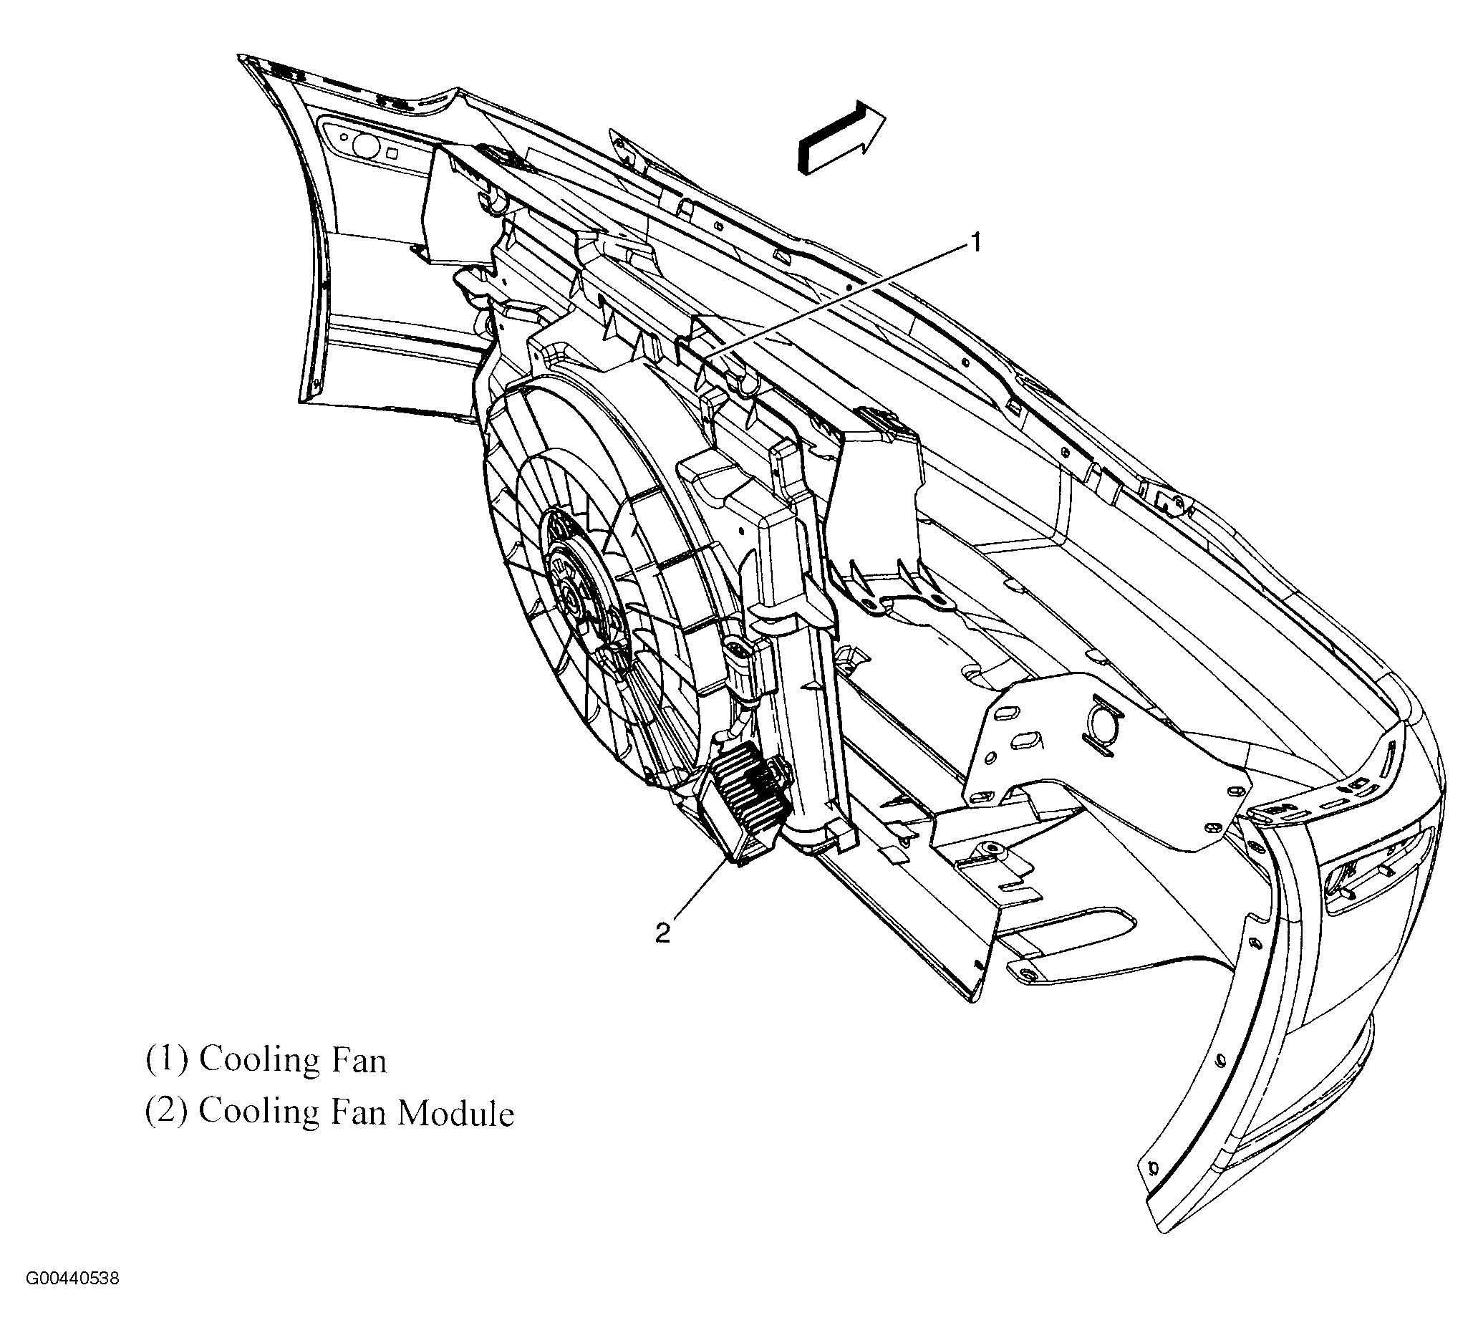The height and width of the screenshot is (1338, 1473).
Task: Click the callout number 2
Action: [x=662, y=934]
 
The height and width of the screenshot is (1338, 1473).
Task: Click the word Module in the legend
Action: [x=456, y=1113]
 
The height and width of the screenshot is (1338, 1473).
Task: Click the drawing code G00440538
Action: [x=73, y=1279]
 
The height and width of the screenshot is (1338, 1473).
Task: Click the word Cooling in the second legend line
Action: [x=259, y=1113]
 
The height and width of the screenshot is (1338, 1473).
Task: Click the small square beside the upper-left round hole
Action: [x=392, y=154]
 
